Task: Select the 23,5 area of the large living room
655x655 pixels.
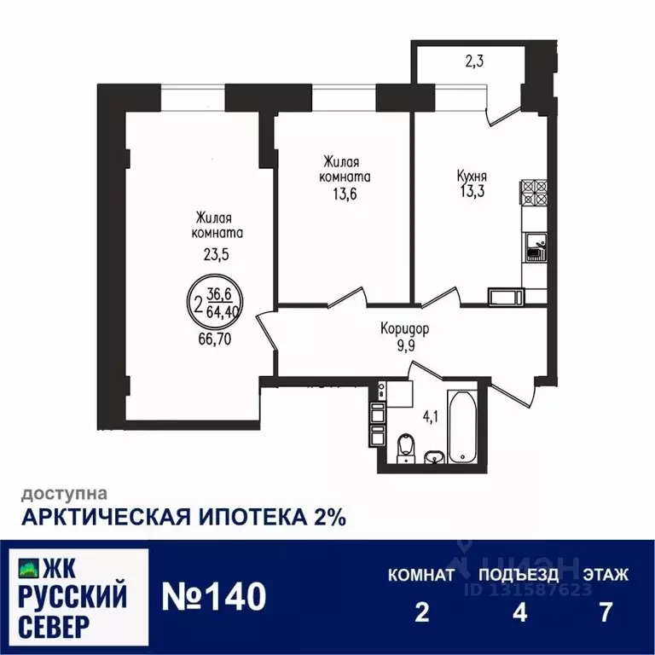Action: [x=217, y=253]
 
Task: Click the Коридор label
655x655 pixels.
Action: [x=404, y=327]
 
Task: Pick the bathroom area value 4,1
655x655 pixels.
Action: [x=432, y=418]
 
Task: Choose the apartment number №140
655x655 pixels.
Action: [x=213, y=595]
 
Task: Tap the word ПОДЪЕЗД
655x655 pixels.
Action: [x=519, y=575]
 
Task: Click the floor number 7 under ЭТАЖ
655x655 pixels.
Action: [x=606, y=612]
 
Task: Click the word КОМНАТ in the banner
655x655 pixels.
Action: [x=421, y=575]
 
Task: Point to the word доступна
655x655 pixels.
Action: [x=64, y=493]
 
